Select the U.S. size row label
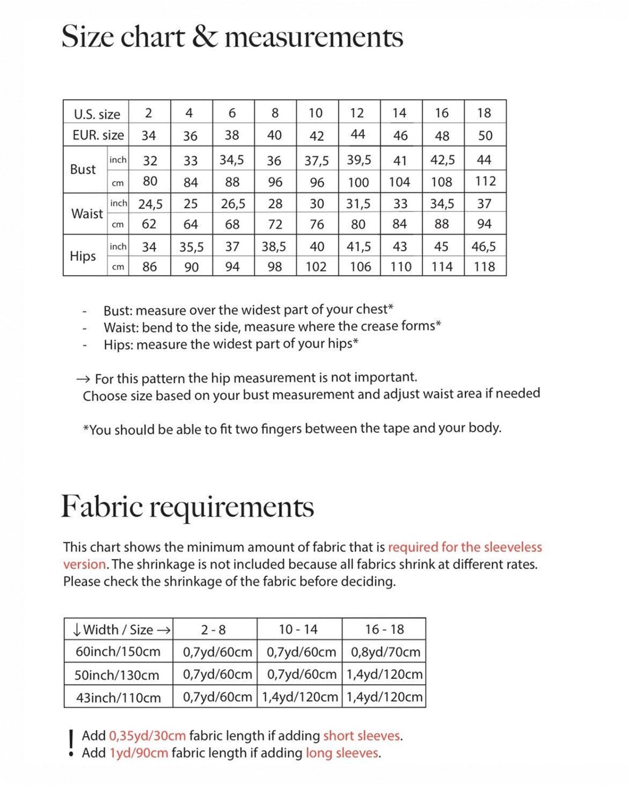pos(97,114)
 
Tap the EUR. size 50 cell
pos(485,136)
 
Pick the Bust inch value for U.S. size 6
pos(232,160)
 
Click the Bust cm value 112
pos(485,181)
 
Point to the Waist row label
pos(86,214)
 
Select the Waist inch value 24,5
pos(150,204)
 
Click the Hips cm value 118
pos(484,267)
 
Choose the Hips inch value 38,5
pos(274,247)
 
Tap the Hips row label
pos(83,256)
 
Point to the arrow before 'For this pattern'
pos(83,379)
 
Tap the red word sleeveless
pos(513,547)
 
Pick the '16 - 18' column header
pos(384,629)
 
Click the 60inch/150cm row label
pos(118,652)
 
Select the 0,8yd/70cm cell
pos(385,652)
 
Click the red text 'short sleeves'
pos(362,736)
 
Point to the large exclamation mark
pos(71,744)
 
